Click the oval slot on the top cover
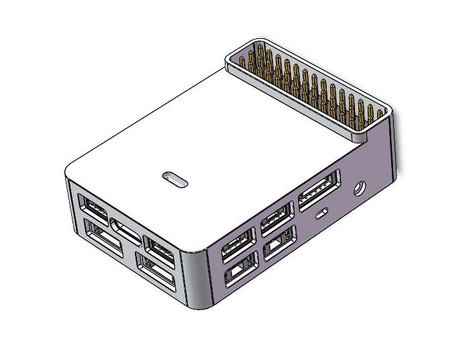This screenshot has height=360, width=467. tap(175, 179)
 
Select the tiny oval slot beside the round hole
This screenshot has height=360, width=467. tap(322, 214)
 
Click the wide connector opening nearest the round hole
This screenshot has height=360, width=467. tap(317, 192)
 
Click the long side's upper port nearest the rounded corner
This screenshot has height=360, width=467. tap(238, 242)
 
